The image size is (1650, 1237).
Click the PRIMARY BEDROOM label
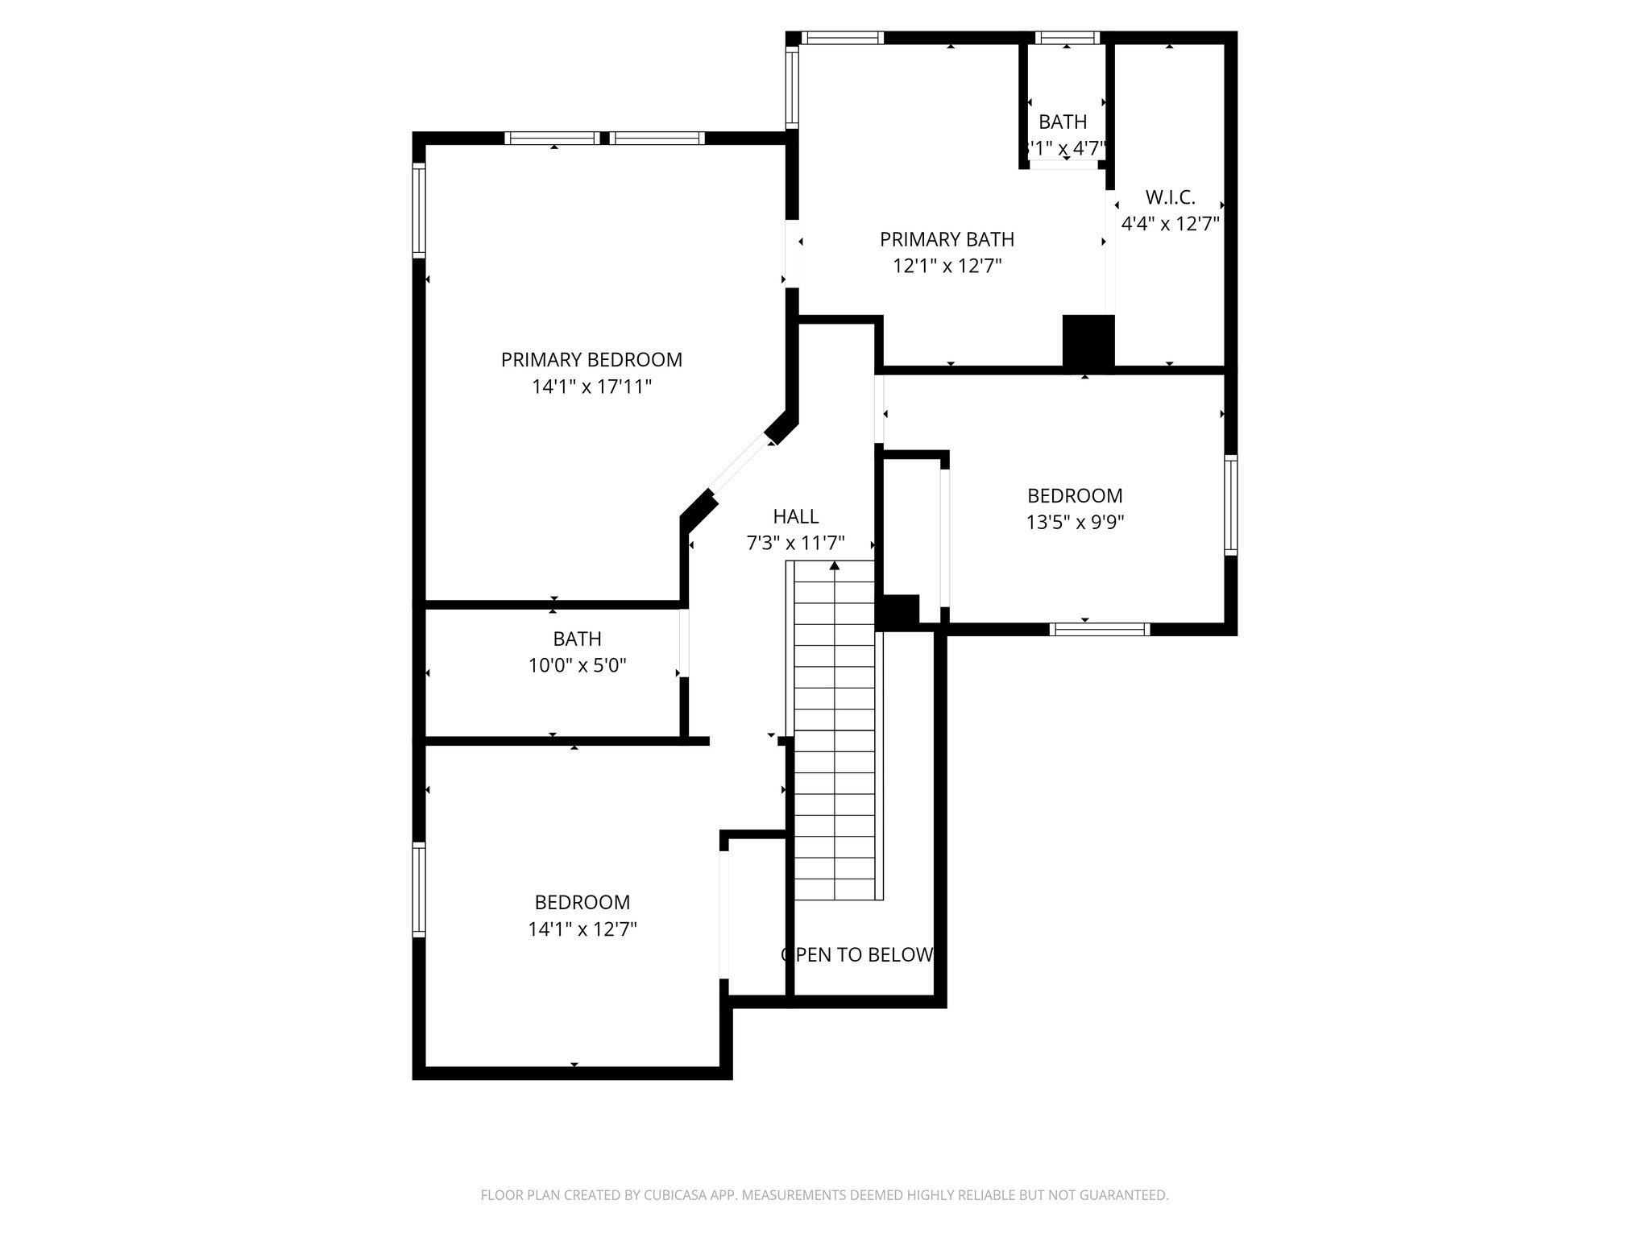(591, 360)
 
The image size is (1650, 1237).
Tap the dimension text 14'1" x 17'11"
(591, 387)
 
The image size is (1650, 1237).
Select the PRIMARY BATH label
(947, 239)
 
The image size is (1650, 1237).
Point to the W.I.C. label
(1170, 197)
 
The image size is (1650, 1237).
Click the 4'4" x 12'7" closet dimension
(1170, 224)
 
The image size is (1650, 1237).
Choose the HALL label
(795, 516)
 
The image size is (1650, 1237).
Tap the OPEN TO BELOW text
(857, 955)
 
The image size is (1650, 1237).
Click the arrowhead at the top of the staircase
(835, 566)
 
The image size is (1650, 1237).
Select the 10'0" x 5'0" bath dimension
(577, 666)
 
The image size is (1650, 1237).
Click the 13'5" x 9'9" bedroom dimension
(1075, 523)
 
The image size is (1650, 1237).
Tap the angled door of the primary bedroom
(740, 465)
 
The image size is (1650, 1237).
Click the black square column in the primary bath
(1088, 341)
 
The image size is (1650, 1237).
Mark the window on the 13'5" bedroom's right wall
(1231, 505)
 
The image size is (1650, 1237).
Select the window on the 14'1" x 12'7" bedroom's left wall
(419, 889)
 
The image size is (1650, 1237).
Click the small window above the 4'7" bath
(1067, 38)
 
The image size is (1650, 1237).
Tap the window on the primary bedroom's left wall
(419, 210)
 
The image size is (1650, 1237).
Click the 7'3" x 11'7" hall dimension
(795, 544)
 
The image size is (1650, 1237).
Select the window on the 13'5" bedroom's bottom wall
(1100, 629)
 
